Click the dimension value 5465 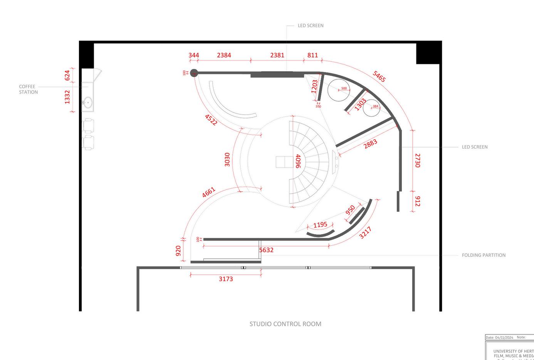[x=379, y=76]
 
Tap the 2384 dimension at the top [x=224, y=55]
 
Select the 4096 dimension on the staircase [x=298, y=161]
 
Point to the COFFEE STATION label [x=28, y=89]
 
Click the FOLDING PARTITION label [x=484, y=255]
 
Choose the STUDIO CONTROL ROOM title [x=285, y=324]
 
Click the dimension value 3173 [x=226, y=279]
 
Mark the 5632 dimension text [x=266, y=250]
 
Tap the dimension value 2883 [x=370, y=144]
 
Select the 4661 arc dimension [x=209, y=192]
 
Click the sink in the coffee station [x=87, y=103]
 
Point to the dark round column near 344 [x=194, y=72]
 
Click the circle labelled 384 [x=371, y=107]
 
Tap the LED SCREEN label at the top [x=311, y=26]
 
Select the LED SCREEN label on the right [x=475, y=147]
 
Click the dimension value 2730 [x=418, y=160]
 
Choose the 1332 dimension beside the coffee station [x=67, y=97]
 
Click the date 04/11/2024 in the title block [x=504, y=338]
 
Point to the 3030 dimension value [x=227, y=159]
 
